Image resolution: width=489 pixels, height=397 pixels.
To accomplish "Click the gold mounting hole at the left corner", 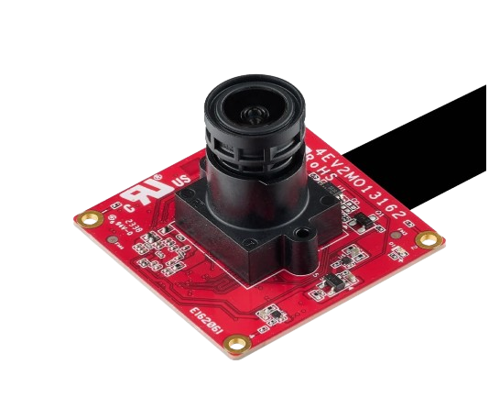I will pyautogui.click(x=89, y=219).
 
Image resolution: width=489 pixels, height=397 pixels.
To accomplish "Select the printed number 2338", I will pyautogui.click(x=135, y=223).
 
